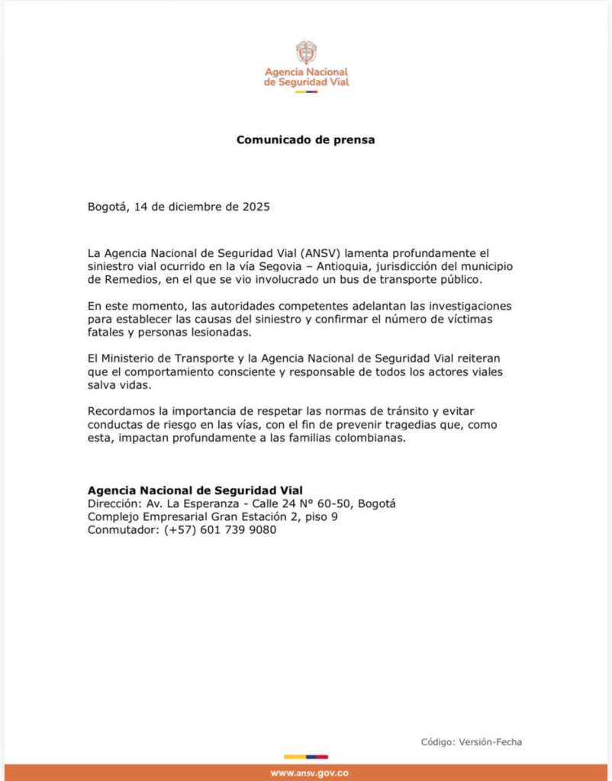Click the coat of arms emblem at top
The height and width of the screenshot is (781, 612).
pos(306,53)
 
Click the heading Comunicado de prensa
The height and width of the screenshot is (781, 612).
pos(305,140)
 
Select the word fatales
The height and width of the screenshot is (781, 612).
pos(108,333)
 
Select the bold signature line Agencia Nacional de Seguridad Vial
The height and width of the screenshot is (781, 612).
pos(195,490)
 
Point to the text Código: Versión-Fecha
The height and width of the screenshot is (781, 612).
pos(472,741)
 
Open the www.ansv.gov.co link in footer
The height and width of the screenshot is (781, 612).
pos(306,773)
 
